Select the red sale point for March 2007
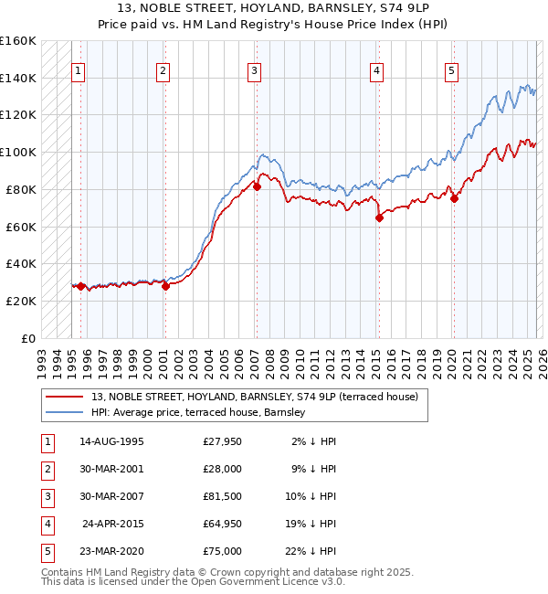(x=257, y=186)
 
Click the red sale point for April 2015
(x=378, y=217)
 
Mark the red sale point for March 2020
(x=454, y=198)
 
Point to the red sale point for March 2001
(x=165, y=286)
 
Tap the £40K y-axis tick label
(x=20, y=263)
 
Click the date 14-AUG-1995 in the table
(x=111, y=441)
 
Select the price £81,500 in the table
(x=223, y=496)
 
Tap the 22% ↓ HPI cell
(x=311, y=551)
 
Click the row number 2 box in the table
(x=47, y=469)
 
